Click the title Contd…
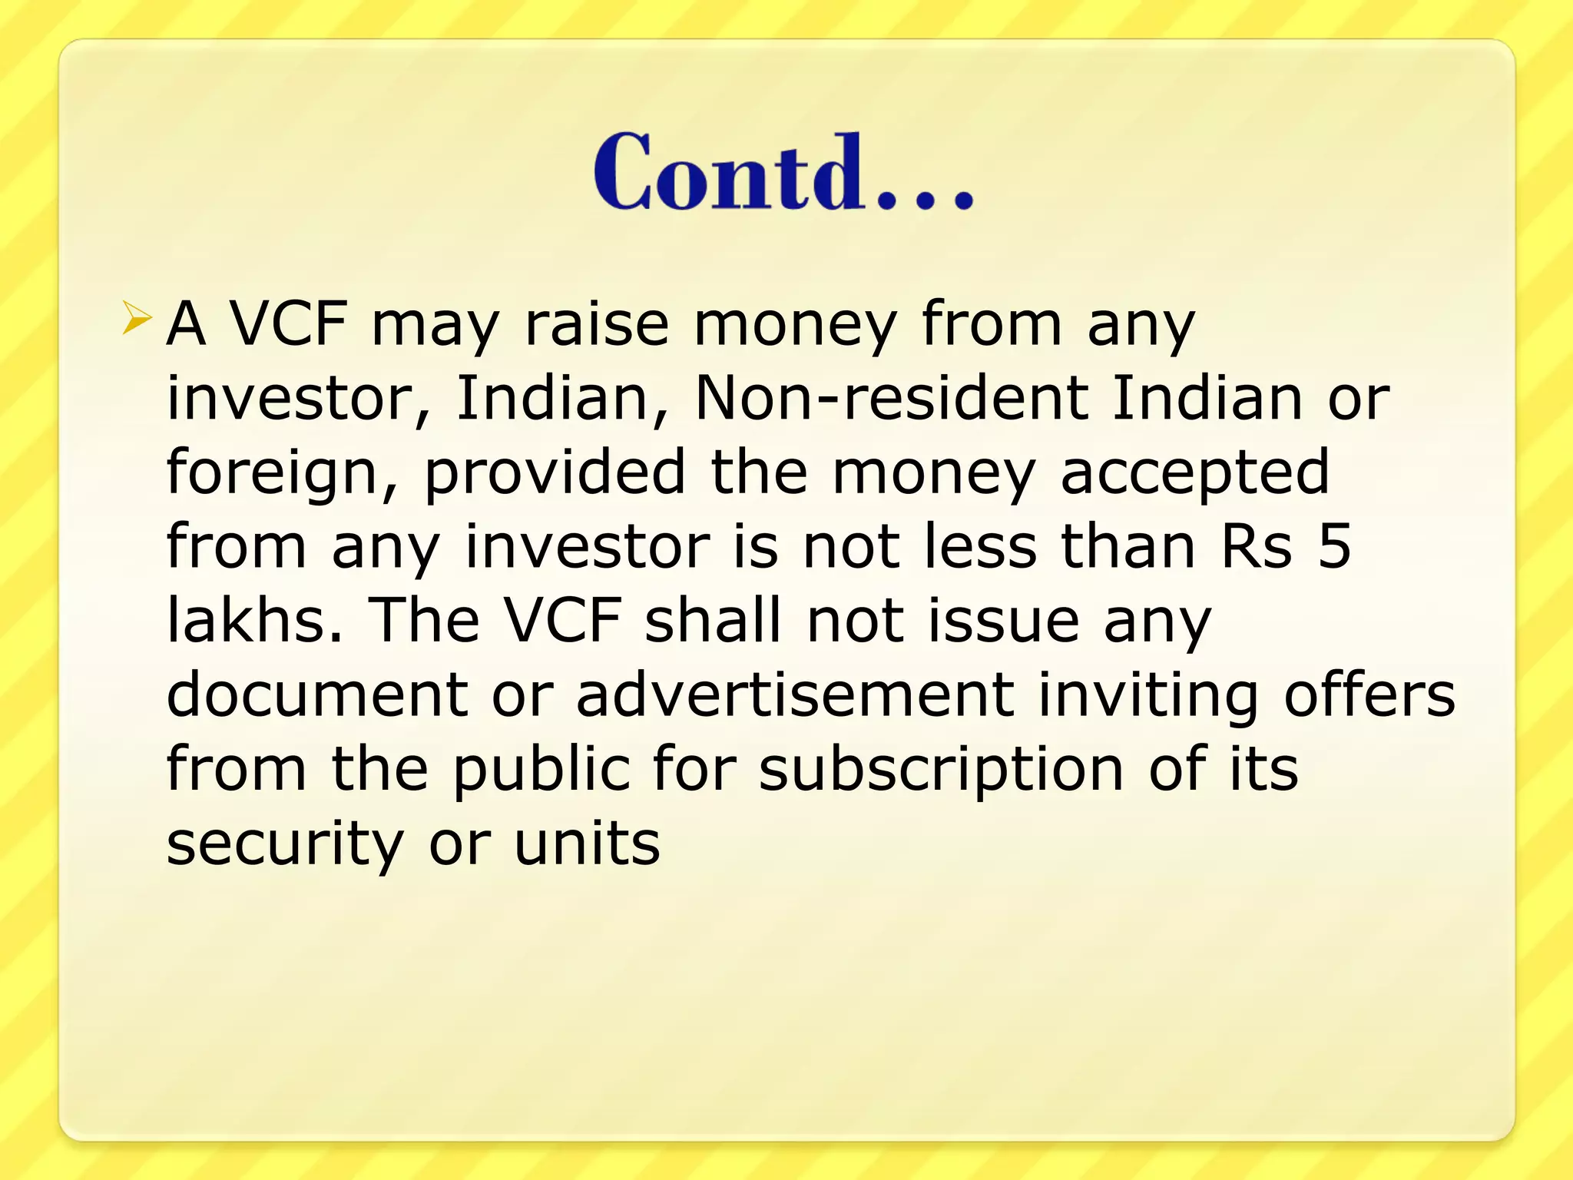coord(783,172)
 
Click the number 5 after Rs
coord(1334,546)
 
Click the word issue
coord(1004,620)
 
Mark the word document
coord(317,694)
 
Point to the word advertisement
coord(795,694)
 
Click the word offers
coord(1369,694)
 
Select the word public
coord(541,770)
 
